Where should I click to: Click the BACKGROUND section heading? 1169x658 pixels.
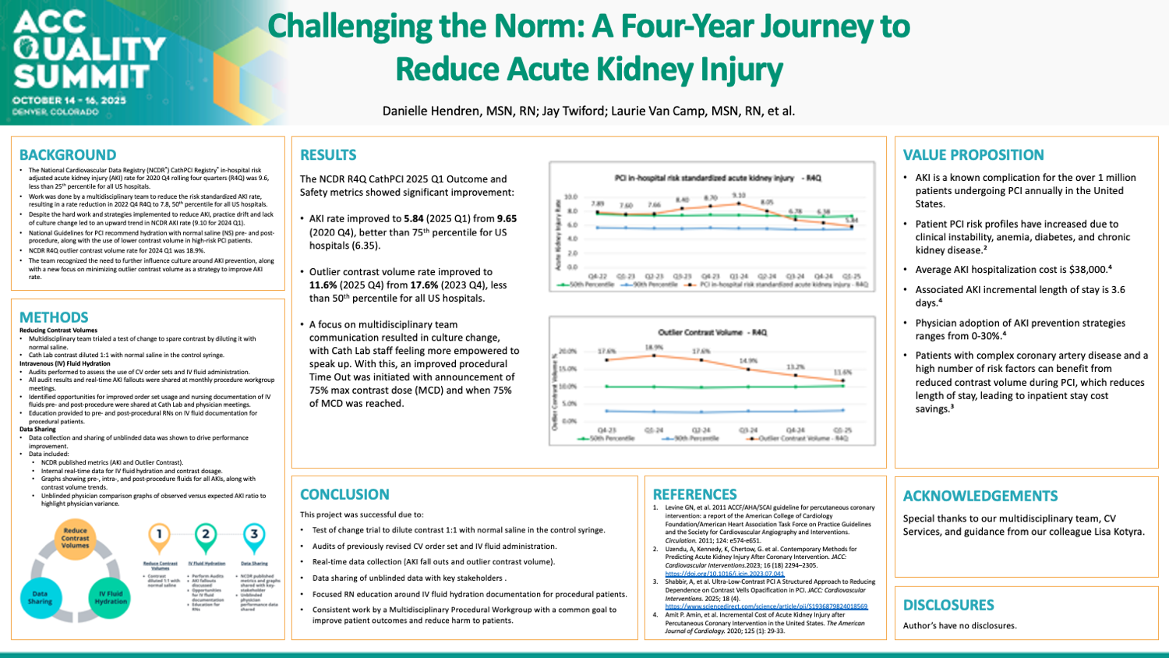(x=68, y=155)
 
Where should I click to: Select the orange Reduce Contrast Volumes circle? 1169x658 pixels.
(x=75, y=538)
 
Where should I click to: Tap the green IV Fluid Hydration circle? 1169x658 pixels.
(x=110, y=597)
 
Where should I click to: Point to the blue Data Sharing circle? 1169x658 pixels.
(x=40, y=597)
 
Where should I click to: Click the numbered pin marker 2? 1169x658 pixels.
(x=206, y=536)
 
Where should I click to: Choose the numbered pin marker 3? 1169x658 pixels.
(x=253, y=536)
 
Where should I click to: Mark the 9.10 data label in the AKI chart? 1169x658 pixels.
(x=738, y=196)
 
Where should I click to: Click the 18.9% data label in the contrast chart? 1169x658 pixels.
(x=654, y=348)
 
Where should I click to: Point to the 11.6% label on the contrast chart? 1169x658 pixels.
(x=842, y=373)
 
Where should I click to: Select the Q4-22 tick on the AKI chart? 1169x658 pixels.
(x=598, y=276)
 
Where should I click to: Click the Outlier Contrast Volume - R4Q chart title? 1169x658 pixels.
(x=712, y=332)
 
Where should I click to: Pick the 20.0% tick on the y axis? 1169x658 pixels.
(x=567, y=352)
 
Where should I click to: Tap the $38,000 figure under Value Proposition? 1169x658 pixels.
(x=1085, y=270)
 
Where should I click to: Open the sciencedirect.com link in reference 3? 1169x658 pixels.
(x=765, y=607)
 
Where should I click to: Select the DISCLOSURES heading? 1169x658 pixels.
(x=948, y=605)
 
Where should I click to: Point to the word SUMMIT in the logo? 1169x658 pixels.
(x=81, y=76)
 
